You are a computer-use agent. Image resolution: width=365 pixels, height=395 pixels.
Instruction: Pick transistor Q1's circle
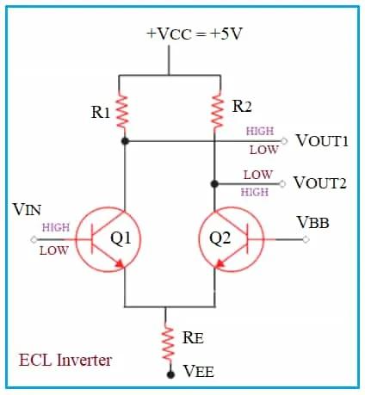click(x=109, y=238)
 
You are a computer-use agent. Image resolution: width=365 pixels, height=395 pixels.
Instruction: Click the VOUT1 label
click(x=321, y=140)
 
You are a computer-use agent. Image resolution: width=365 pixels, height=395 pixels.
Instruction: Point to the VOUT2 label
click(x=320, y=182)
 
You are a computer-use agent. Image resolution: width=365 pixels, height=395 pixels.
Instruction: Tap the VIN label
click(x=28, y=210)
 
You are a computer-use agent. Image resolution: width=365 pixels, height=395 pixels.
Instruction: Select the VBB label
click(x=314, y=222)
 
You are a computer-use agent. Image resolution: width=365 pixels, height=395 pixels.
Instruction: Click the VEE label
click(x=198, y=372)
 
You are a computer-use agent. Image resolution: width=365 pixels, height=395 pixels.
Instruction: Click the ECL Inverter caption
click(x=65, y=360)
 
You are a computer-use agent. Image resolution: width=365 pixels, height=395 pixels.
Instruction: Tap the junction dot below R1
click(x=125, y=140)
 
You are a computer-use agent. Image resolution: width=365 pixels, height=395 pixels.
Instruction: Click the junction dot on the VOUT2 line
click(x=213, y=182)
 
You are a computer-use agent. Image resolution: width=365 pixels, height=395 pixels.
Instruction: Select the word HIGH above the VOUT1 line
click(x=260, y=132)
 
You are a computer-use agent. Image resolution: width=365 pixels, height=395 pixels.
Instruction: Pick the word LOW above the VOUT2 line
click(x=257, y=174)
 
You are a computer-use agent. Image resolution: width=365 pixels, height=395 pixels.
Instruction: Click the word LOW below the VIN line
click(x=53, y=250)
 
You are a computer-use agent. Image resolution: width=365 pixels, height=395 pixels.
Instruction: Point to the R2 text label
click(x=243, y=106)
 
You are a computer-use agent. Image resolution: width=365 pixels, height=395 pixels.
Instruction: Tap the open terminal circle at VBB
click(x=305, y=238)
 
